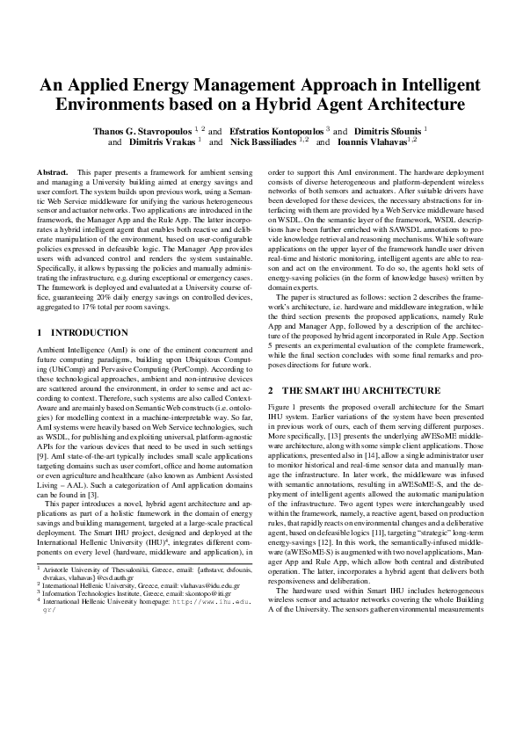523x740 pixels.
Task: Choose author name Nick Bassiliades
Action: (263, 141)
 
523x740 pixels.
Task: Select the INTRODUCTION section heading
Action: (89, 334)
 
